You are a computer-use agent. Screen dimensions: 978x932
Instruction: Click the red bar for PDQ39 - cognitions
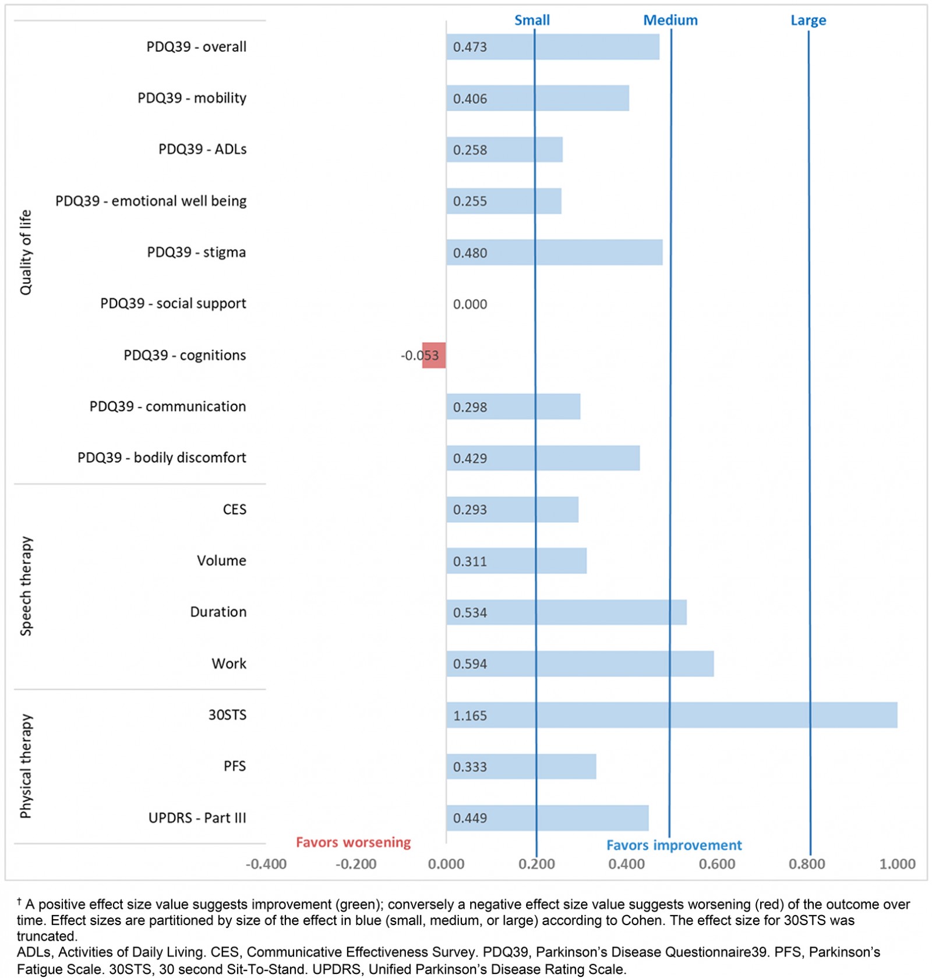coord(434,355)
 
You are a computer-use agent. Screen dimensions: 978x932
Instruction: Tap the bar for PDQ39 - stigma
coord(554,252)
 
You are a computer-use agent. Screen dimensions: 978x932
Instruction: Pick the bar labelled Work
coord(580,664)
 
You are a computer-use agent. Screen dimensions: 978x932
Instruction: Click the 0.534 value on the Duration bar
coord(470,612)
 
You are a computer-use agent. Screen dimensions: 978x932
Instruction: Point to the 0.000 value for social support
coord(470,304)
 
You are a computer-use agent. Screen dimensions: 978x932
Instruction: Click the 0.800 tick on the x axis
coord(807,864)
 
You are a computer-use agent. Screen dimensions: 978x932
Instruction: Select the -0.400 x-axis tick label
coord(266,864)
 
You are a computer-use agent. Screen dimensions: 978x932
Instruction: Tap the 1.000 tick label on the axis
coord(897,864)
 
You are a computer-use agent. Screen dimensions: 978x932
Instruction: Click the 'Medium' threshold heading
coord(670,20)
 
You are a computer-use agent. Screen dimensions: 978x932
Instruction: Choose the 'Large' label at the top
coord(808,20)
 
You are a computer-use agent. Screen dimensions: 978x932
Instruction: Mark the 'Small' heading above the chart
coord(532,20)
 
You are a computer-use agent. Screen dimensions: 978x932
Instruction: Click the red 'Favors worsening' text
coord(353,842)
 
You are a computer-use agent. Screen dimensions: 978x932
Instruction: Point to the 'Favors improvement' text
coord(674,845)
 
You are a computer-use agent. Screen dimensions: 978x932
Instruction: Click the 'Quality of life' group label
coord(26,252)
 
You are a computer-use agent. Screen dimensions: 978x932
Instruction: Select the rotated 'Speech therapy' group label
coord(26,586)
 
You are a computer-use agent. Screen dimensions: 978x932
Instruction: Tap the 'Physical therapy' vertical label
coord(26,766)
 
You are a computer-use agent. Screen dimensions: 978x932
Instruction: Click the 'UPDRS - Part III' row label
coord(197,818)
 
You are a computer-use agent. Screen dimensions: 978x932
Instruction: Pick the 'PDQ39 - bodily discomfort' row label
coord(161,458)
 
